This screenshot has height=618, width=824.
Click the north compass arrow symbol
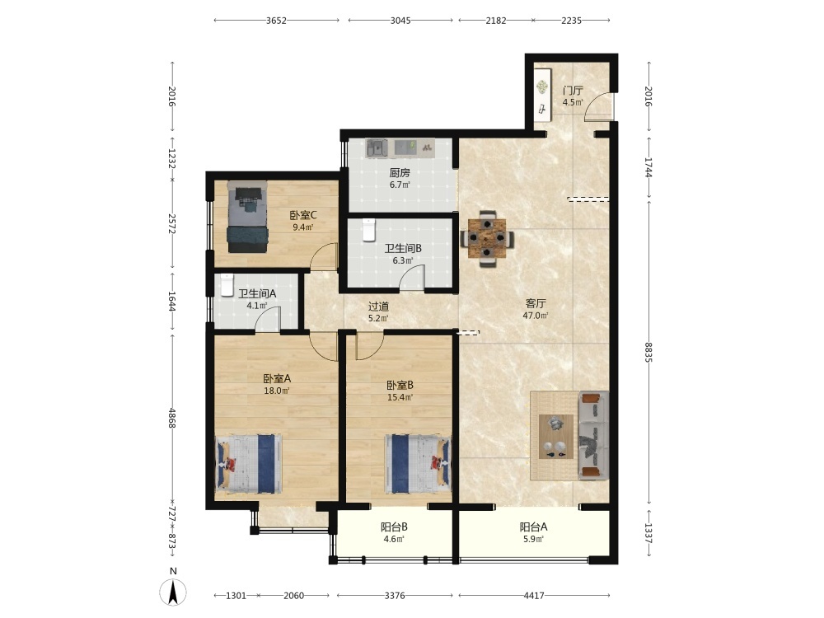[x=173, y=592]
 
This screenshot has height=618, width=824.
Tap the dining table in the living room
[x=487, y=239]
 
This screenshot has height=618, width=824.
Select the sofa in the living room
[x=594, y=435]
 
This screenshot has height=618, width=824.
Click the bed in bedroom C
[x=247, y=217]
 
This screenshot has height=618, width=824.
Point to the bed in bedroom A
[x=249, y=463]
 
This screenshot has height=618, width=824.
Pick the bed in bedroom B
[x=418, y=463]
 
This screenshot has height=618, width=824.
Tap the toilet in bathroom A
[x=227, y=285]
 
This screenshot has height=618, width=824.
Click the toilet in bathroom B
[x=369, y=230]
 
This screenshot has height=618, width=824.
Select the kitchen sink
[x=377, y=147]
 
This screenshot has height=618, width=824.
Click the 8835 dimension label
[x=649, y=352]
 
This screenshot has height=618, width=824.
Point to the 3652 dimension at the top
[x=276, y=21]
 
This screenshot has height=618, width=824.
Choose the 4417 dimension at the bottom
[x=534, y=596]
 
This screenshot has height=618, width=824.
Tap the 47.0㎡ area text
[x=536, y=316]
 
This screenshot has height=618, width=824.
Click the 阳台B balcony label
[x=394, y=527]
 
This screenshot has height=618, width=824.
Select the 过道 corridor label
[x=378, y=307]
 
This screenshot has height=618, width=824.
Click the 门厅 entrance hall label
[x=573, y=91]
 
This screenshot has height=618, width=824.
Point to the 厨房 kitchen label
[x=400, y=172]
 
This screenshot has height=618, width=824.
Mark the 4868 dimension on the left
[x=172, y=418]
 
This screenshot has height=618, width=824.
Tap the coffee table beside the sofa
[x=556, y=436]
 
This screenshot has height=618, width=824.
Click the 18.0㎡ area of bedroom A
[x=276, y=391]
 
